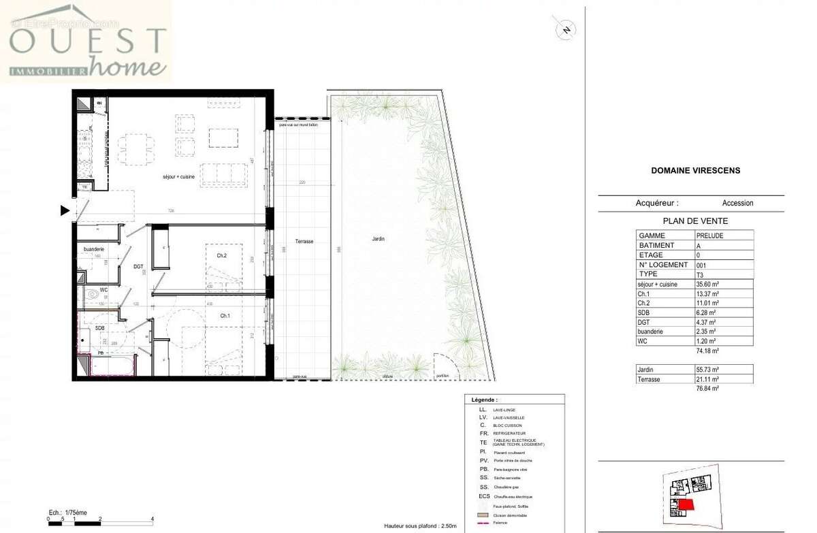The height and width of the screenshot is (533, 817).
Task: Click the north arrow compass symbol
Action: (x=564, y=29)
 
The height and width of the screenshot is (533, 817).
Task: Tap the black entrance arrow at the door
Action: (x=65, y=211)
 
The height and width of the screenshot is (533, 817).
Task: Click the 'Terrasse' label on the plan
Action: (x=304, y=242)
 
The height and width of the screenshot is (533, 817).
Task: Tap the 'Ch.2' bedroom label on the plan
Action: (x=221, y=255)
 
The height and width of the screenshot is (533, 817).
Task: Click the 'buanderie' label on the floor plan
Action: (x=93, y=250)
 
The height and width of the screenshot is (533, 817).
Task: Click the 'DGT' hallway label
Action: (x=138, y=267)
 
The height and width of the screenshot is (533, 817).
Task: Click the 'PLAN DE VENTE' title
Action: (x=694, y=221)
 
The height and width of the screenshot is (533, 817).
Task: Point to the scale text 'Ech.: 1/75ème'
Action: (x=67, y=511)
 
